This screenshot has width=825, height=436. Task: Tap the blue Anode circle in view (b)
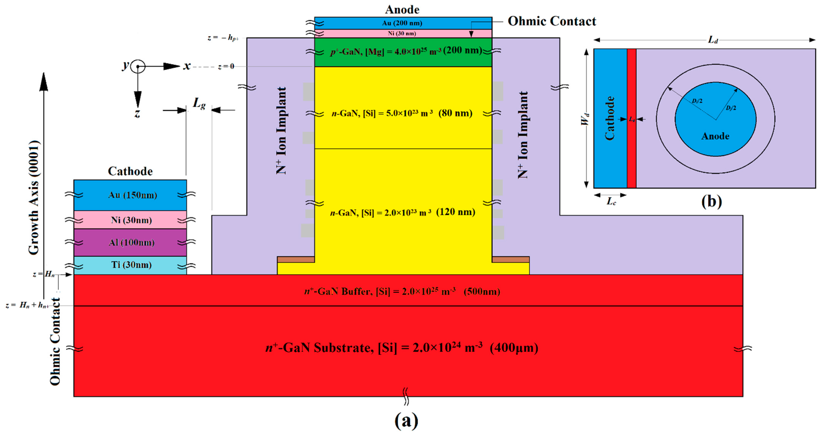tap(715, 128)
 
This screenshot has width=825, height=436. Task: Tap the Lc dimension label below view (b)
tap(611, 202)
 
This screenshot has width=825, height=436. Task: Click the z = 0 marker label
tap(226, 67)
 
